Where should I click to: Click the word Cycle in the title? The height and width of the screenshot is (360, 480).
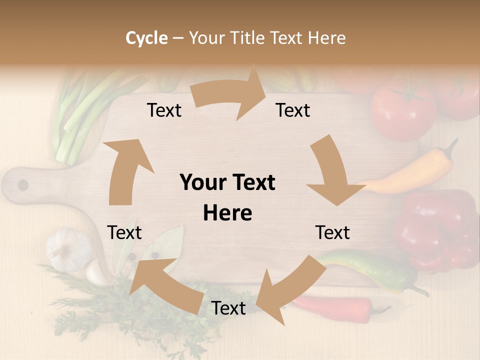146,38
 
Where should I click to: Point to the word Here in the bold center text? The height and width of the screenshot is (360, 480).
227,213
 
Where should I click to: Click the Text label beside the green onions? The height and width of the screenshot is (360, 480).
164,110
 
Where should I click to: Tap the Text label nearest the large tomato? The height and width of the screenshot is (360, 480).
293,110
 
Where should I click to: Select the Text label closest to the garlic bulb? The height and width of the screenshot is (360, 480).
124,232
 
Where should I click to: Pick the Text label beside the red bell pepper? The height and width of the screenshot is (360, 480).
332,232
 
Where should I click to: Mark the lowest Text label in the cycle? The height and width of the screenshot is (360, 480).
228,308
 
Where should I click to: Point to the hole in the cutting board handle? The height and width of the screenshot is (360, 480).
23,185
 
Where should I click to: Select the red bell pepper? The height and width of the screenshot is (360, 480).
435,230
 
